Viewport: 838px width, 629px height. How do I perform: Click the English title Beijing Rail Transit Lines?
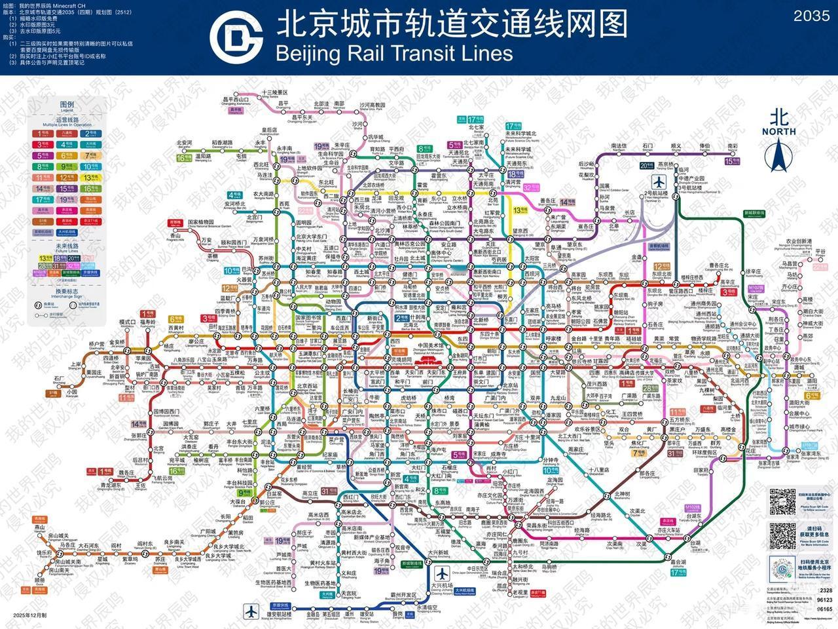coord(394,52)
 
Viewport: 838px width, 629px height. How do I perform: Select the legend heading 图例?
coord(67,105)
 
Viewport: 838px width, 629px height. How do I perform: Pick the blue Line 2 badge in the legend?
coord(88,133)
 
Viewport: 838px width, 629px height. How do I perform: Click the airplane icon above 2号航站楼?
coord(658,181)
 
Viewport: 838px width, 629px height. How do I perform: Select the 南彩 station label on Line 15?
coord(731,146)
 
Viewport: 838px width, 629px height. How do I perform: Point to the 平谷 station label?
coord(820,252)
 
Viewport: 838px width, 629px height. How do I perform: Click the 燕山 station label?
coord(39,527)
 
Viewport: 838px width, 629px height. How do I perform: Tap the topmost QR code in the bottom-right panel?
coord(782,501)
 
